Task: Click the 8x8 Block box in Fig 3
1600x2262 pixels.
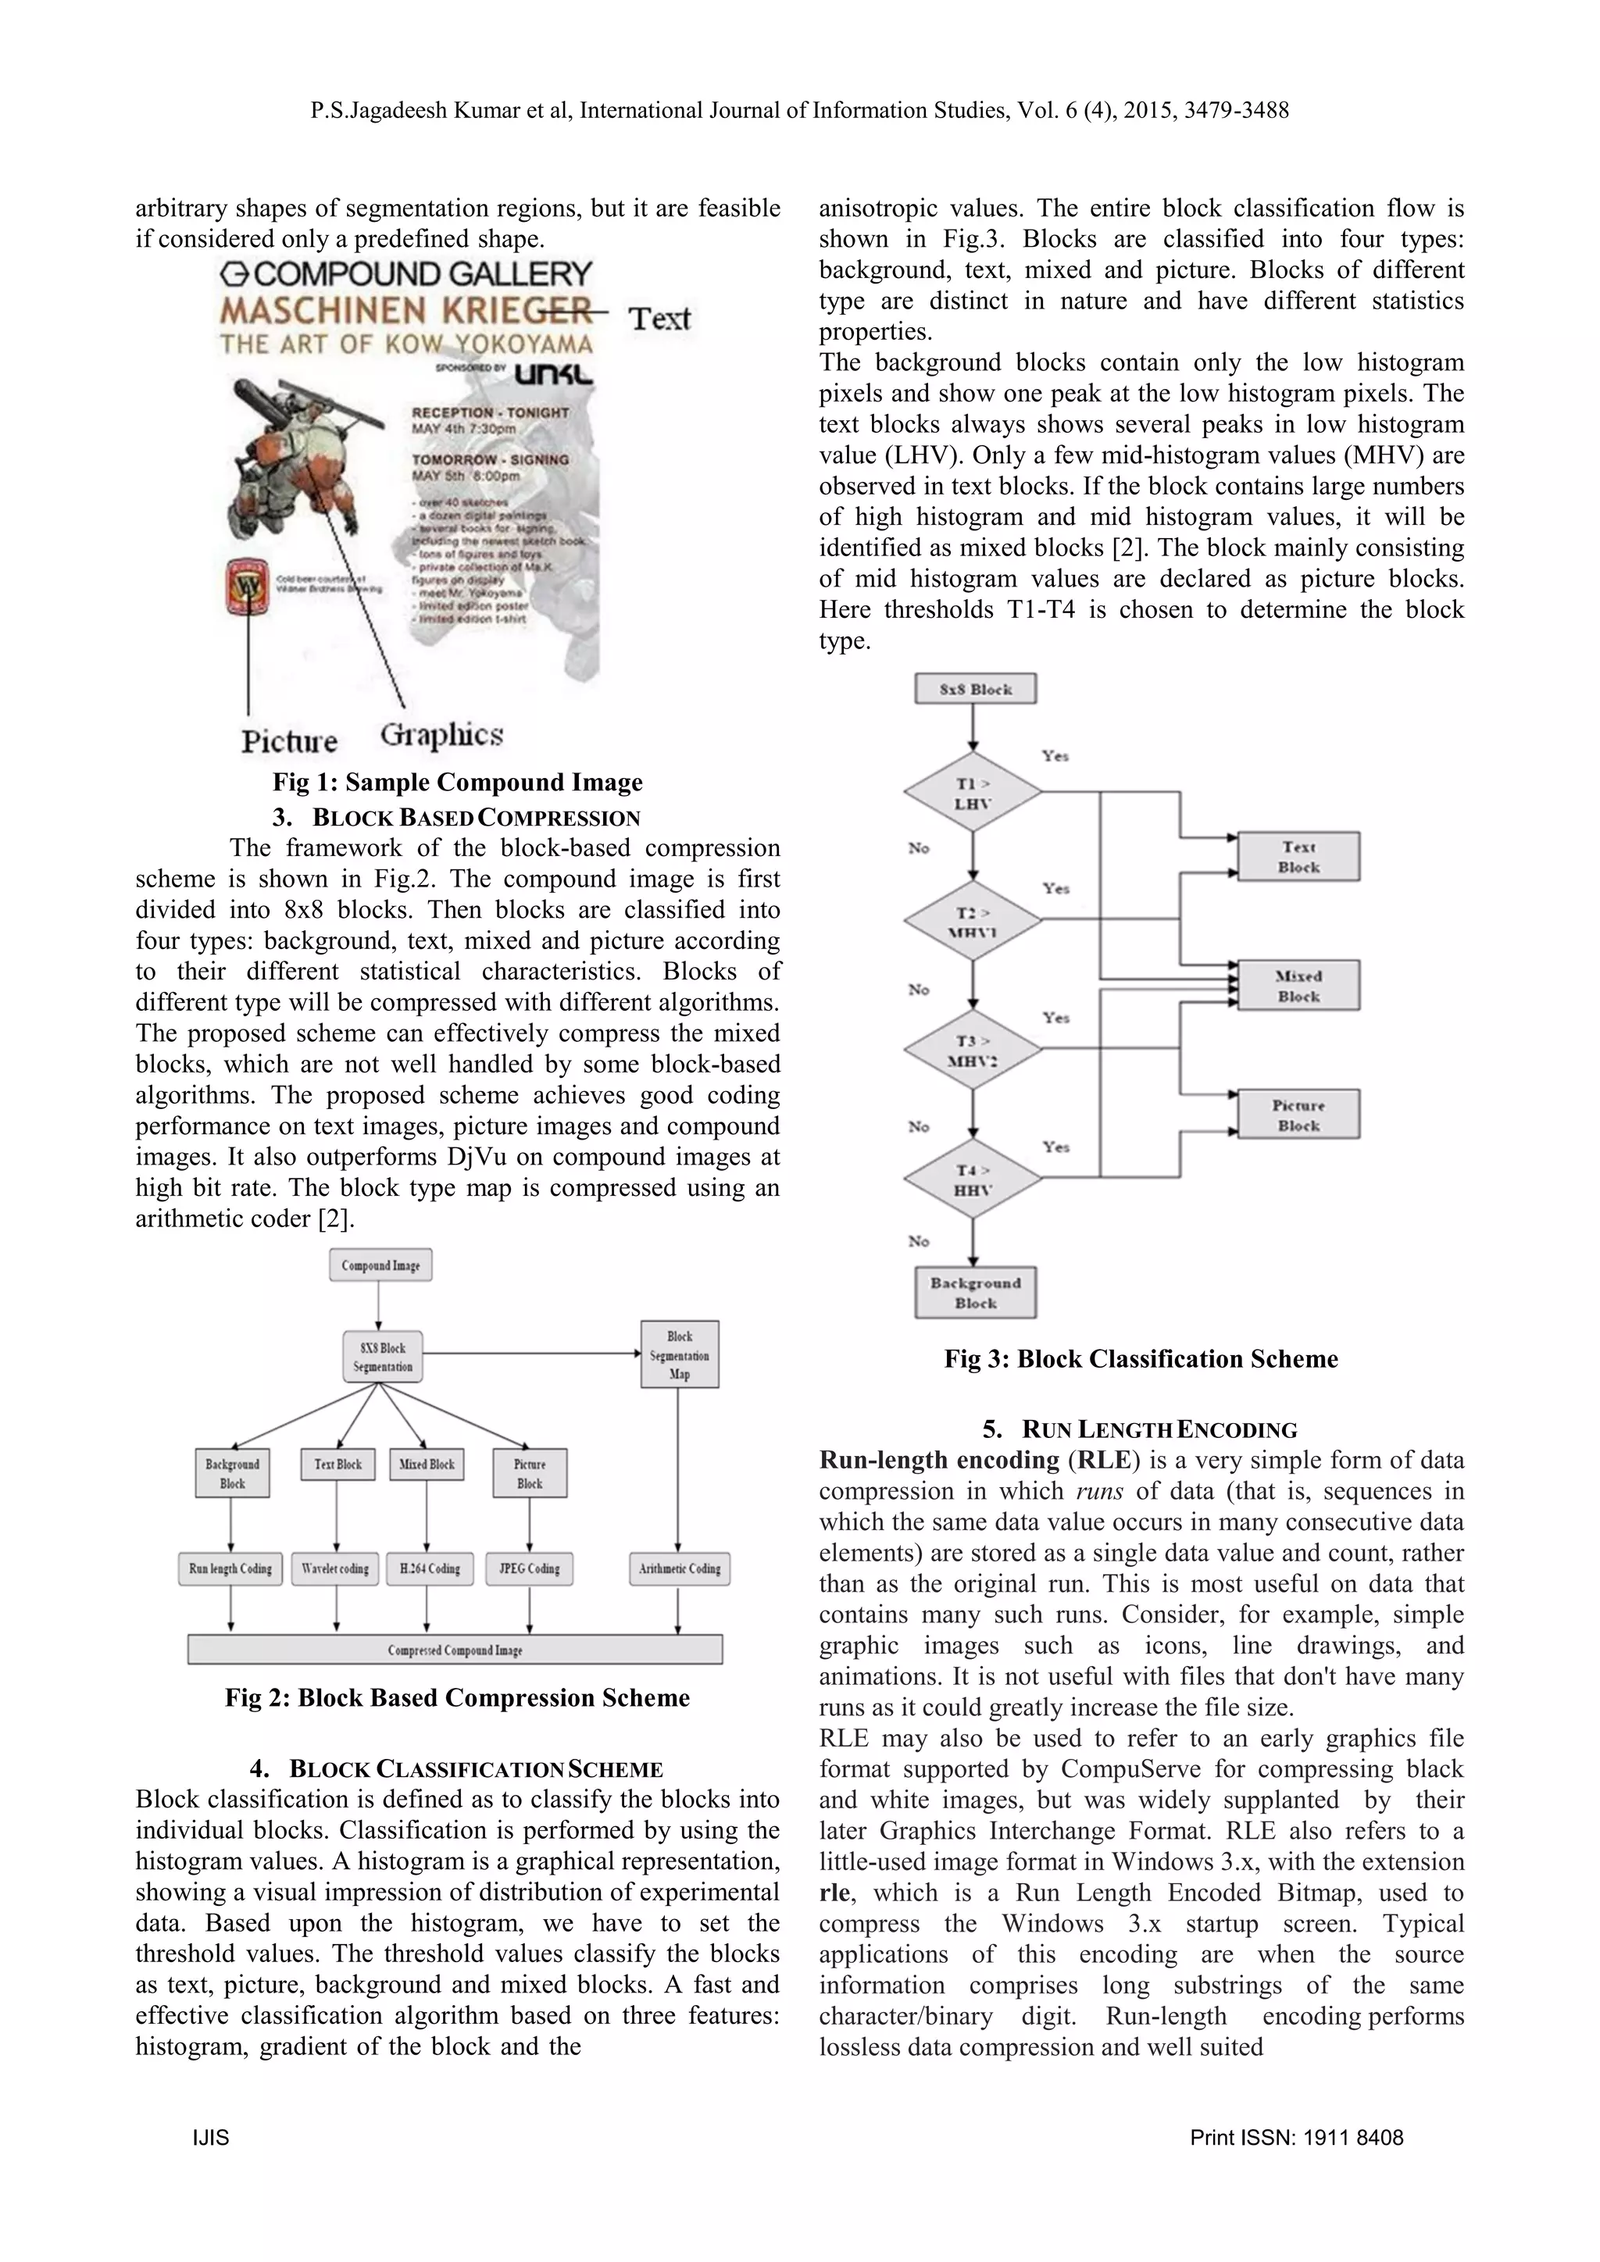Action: click(975, 689)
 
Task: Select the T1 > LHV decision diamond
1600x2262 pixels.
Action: click(973, 792)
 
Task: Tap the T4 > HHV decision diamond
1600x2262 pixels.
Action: click(973, 1179)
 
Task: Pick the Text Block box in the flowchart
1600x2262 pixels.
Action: click(1298, 857)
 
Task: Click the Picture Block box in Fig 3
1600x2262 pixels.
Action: click(1298, 1115)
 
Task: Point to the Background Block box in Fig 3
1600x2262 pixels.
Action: click(975, 1293)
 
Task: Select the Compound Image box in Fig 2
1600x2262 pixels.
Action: click(380, 1265)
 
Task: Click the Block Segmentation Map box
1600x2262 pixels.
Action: click(680, 1354)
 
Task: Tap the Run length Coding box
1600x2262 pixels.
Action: click(230, 1568)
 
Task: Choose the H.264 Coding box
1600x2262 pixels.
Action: click(430, 1568)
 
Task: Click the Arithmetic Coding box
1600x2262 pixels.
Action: click(679, 1568)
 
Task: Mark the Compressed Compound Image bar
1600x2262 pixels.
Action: click(455, 1649)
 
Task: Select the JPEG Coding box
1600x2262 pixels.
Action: click(529, 1568)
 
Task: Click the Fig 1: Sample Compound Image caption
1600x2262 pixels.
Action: click(457, 782)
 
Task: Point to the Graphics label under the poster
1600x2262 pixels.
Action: click(441, 735)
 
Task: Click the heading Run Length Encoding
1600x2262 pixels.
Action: click(1140, 1429)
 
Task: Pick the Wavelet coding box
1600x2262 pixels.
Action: click(335, 1568)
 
